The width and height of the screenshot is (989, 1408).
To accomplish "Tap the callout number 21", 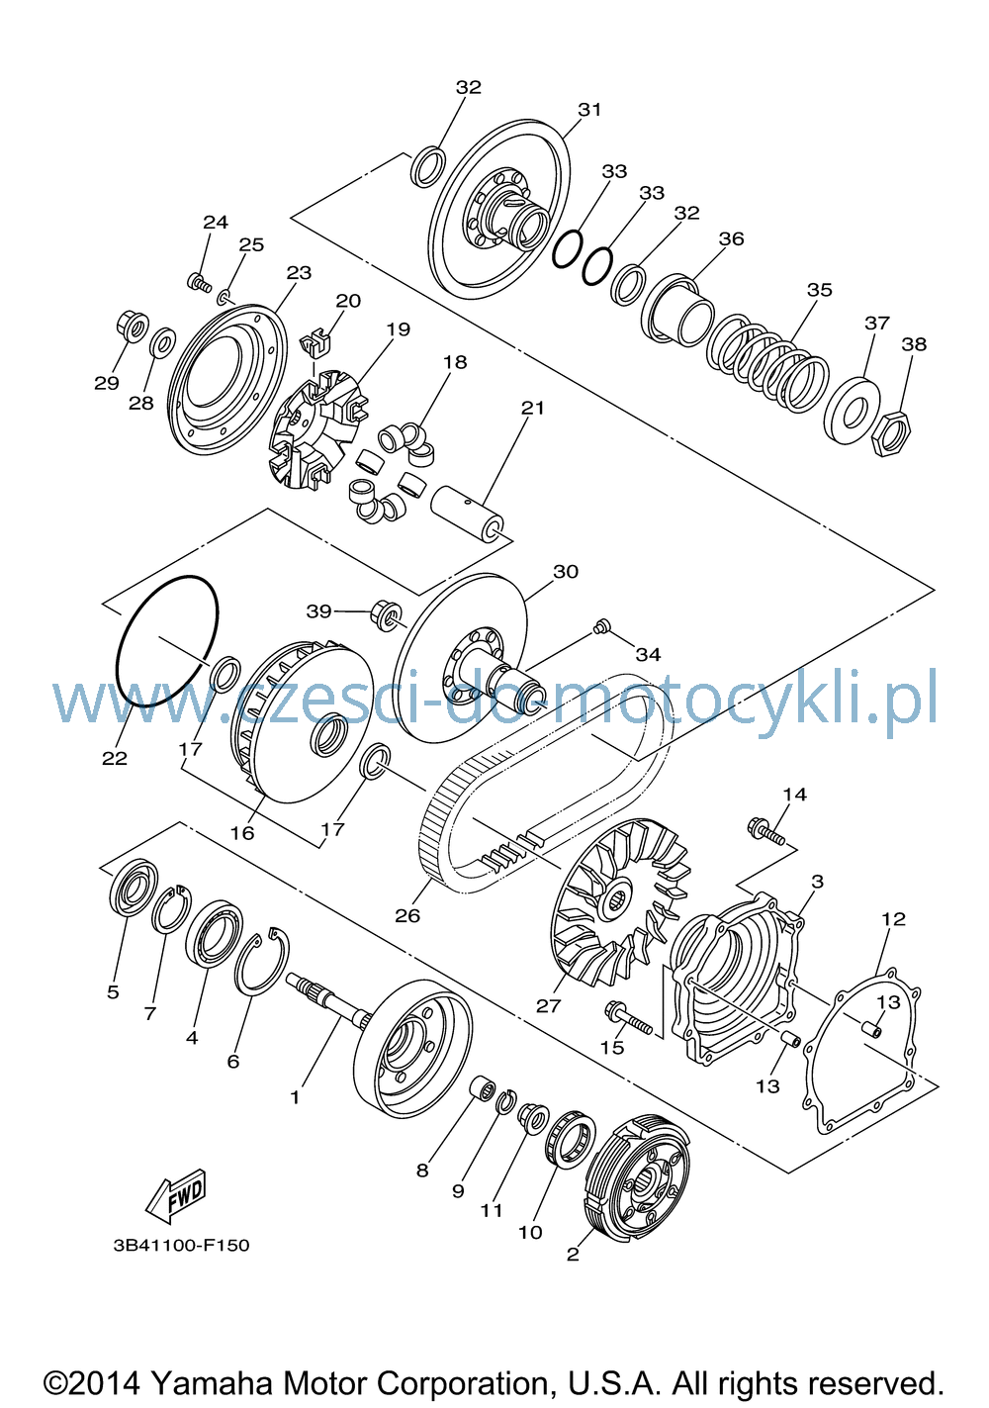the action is pyautogui.click(x=532, y=408).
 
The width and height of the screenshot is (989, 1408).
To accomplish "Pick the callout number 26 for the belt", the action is pyautogui.click(x=407, y=915).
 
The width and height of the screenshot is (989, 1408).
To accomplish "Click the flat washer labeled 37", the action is pyautogui.click(x=852, y=411).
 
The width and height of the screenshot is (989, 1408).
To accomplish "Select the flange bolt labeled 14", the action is pyautogui.click(x=765, y=830).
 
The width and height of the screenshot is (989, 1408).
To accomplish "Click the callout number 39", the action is pyautogui.click(x=318, y=610).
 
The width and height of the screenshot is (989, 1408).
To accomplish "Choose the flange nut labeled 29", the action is pyautogui.click(x=132, y=327).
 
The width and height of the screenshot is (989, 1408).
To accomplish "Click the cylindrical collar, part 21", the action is pyautogui.click(x=467, y=511).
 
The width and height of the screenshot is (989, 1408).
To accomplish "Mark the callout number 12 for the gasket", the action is pyautogui.click(x=893, y=919).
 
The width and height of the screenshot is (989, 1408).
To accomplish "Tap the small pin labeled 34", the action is pyautogui.click(x=601, y=626).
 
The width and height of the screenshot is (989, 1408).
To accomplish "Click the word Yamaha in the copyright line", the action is pyautogui.click(x=212, y=1383).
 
